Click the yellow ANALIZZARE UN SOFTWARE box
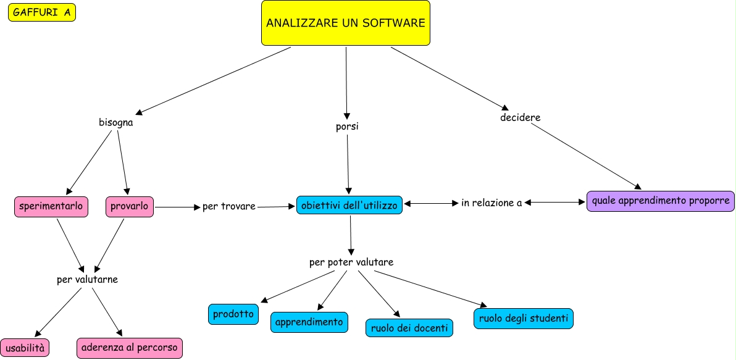[345, 23]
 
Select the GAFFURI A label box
[42, 12]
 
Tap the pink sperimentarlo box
[51, 207]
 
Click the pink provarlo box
[130, 207]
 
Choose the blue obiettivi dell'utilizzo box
[349, 204]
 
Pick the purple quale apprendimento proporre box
[660, 201]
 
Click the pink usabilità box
[25, 348]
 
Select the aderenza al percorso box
[130, 348]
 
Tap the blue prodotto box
[233, 314]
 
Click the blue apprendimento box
[309, 322]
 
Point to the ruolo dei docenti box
[409, 328]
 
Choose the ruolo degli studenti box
[524, 318]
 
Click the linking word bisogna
[116, 122]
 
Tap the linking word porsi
[346, 127]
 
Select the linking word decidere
[521, 117]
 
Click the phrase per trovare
[228, 206]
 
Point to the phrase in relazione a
[491, 203]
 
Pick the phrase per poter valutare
[351, 262]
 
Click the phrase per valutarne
[87, 280]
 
